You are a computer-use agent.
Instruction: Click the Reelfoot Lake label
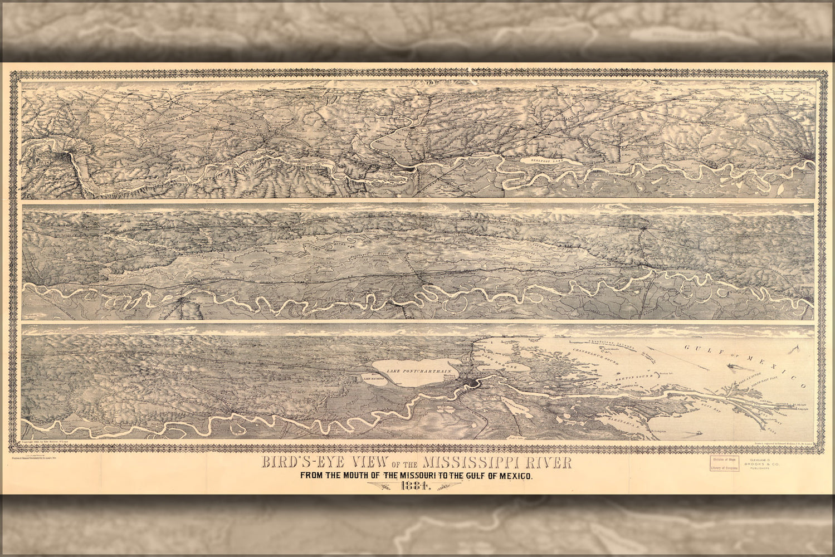pos(550,160)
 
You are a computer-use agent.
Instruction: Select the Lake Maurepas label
pos(374,379)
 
